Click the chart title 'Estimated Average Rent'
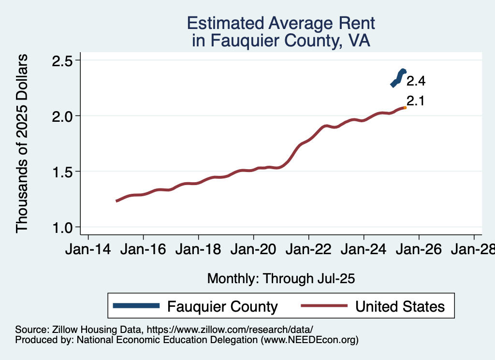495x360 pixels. pyautogui.click(x=281, y=23)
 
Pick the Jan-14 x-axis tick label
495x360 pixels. pyautogui.click(x=88, y=250)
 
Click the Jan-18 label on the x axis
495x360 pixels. pyautogui.click(x=198, y=250)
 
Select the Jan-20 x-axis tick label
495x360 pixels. pyautogui.click(x=253, y=250)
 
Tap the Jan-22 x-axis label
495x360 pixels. pyautogui.click(x=308, y=250)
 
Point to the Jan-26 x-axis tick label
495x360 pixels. pyautogui.click(x=419, y=250)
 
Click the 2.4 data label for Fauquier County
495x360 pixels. pyautogui.click(x=416, y=81)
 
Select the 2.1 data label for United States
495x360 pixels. pyautogui.click(x=415, y=101)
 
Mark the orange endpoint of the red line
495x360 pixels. pyautogui.click(x=405, y=108)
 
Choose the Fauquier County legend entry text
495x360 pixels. pyautogui.click(x=222, y=306)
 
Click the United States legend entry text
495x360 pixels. pyautogui.click(x=399, y=306)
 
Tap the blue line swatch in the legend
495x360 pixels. pyautogui.click(x=136, y=306)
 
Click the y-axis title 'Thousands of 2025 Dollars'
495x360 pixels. pyautogui.click(x=22, y=144)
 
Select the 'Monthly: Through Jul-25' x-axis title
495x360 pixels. pyautogui.click(x=281, y=278)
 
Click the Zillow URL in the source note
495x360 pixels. pyautogui.click(x=230, y=330)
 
